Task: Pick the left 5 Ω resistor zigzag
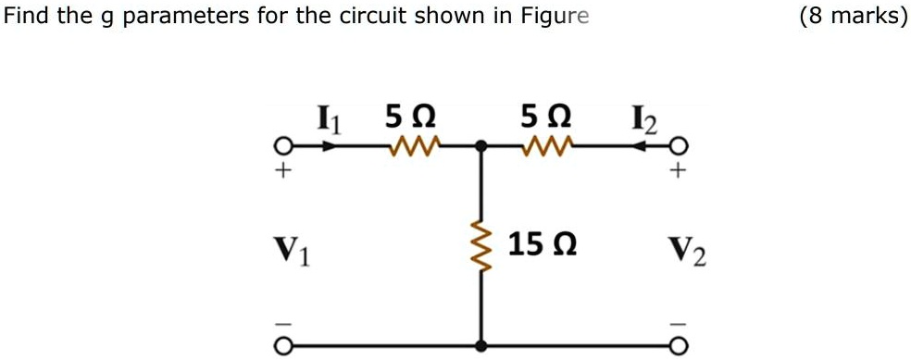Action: [x=410, y=145]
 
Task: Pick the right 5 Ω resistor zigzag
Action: [x=545, y=145]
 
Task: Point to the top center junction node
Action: [x=480, y=146]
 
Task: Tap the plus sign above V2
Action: [x=680, y=172]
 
